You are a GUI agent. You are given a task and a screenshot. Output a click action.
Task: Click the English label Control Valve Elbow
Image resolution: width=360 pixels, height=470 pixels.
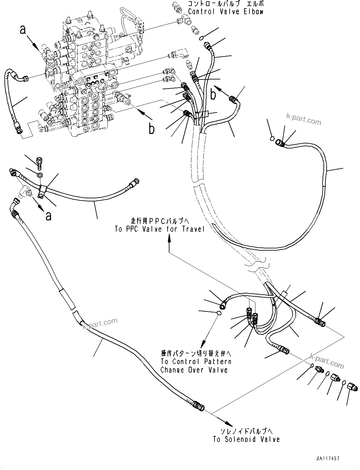tap(225, 12)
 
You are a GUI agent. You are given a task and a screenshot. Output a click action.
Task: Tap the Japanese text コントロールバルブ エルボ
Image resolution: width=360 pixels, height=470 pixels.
tap(225, 4)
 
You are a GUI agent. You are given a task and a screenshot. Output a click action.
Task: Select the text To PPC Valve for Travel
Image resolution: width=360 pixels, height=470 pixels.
tap(160, 229)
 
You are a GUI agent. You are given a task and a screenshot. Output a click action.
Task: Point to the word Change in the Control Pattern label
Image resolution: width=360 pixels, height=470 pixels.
tap(172, 370)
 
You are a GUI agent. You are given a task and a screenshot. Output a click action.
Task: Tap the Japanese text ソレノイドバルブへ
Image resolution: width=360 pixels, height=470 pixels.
tap(247, 431)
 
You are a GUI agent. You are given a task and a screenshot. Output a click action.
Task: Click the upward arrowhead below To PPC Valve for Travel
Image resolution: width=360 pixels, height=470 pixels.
tap(169, 240)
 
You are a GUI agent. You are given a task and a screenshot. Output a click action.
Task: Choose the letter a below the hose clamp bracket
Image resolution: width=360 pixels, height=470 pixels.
tap(48, 216)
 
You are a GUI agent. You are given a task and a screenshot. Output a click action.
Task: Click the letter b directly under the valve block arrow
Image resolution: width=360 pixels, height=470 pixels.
tap(152, 129)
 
